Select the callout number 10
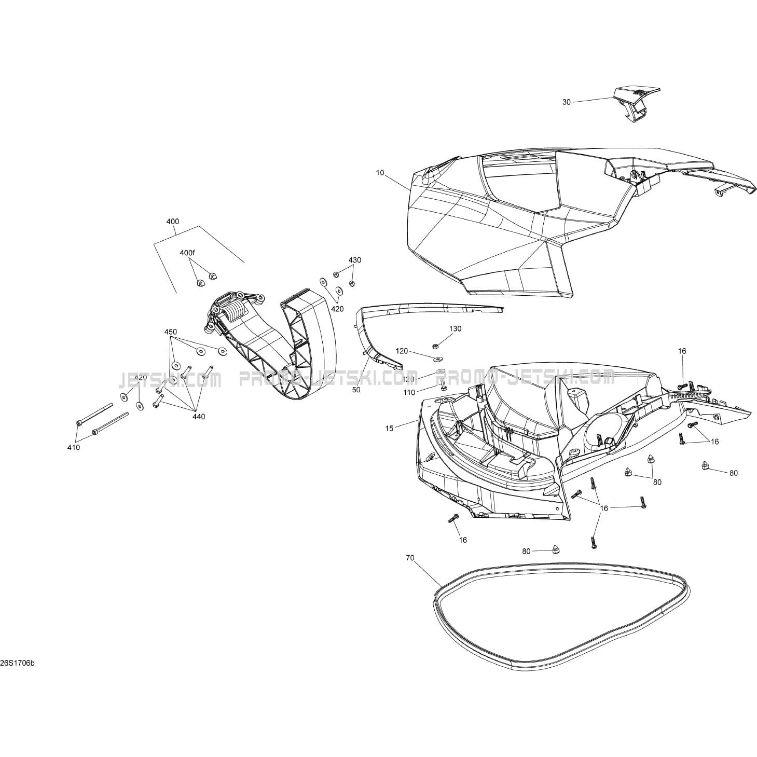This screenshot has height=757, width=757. [380, 173]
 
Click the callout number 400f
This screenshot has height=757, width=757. [187, 253]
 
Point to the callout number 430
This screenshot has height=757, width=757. [354, 260]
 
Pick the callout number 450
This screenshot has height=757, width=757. [170, 332]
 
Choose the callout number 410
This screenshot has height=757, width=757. [74, 447]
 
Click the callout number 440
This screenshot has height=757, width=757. [199, 416]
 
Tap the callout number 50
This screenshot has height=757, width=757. [356, 389]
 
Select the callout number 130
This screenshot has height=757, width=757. [455, 328]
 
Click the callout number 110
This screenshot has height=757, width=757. [423, 393]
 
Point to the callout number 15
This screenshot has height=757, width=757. [390, 428]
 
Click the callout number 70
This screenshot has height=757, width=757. [410, 558]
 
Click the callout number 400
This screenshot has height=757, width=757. [173, 222]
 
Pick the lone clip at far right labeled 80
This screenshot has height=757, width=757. [705, 465]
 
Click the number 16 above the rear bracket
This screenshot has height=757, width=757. [682, 351]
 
